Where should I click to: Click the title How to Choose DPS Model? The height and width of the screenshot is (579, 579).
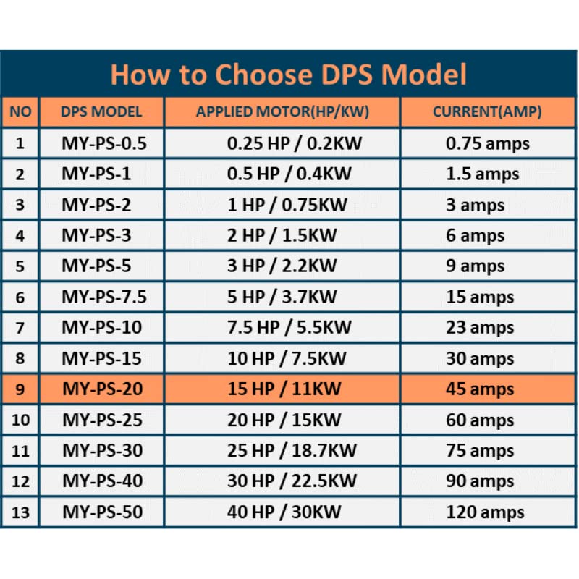click(x=288, y=75)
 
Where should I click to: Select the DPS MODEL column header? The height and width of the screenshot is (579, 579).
click(x=101, y=112)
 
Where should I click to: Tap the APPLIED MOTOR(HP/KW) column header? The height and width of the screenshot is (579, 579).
click(x=282, y=112)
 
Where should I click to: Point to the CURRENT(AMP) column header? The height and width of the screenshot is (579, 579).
click(x=487, y=112)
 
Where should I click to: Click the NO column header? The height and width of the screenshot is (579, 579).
click(x=20, y=112)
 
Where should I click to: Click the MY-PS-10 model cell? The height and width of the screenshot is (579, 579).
click(x=101, y=327)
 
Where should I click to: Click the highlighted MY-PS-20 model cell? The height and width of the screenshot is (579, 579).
click(x=102, y=389)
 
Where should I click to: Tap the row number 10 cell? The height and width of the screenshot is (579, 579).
click(x=20, y=420)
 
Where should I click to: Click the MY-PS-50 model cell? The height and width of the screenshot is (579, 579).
click(x=102, y=512)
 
